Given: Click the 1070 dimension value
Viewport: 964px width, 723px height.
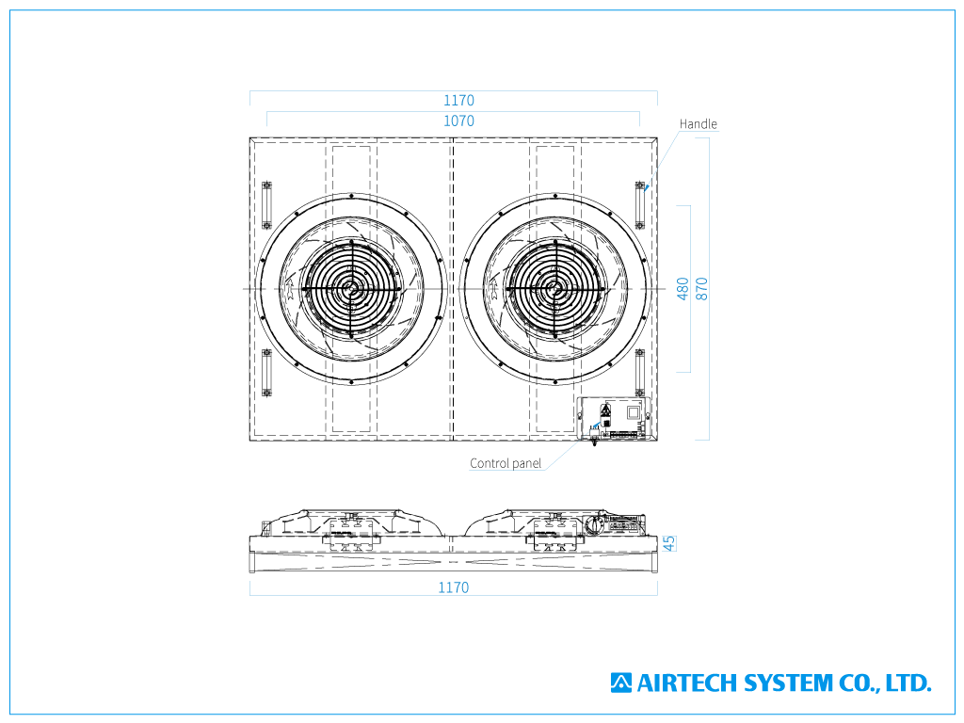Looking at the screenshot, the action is (x=458, y=121).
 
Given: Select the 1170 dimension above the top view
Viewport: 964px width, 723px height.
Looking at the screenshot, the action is (x=458, y=100).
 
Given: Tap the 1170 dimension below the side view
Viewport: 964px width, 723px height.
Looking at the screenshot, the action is (x=453, y=587).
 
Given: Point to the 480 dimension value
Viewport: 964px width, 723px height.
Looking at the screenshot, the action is (x=683, y=289).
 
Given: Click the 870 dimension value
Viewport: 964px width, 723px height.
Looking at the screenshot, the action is (x=701, y=289).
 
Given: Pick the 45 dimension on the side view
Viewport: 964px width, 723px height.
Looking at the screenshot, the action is (x=669, y=543).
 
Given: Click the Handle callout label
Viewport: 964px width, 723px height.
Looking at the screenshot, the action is (x=698, y=123).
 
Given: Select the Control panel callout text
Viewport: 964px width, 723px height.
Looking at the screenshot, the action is (x=506, y=463).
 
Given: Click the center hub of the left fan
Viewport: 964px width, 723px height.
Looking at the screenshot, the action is (x=351, y=289).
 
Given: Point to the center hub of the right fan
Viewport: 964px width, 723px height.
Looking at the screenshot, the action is (x=555, y=289).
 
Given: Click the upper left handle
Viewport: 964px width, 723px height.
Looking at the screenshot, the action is (x=266, y=205).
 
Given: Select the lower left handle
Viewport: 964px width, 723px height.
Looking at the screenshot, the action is (x=266, y=373).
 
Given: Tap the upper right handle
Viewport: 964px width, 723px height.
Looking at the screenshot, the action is (x=639, y=205).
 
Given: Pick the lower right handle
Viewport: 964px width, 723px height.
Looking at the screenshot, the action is (x=639, y=373).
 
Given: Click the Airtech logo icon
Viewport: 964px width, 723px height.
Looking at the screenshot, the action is (x=621, y=683).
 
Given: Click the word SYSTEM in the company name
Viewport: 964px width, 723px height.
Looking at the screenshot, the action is (x=788, y=683).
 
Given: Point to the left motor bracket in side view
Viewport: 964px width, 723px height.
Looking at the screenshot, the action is (x=351, y=535).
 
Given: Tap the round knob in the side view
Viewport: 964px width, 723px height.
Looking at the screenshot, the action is (x=594, y=525).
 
